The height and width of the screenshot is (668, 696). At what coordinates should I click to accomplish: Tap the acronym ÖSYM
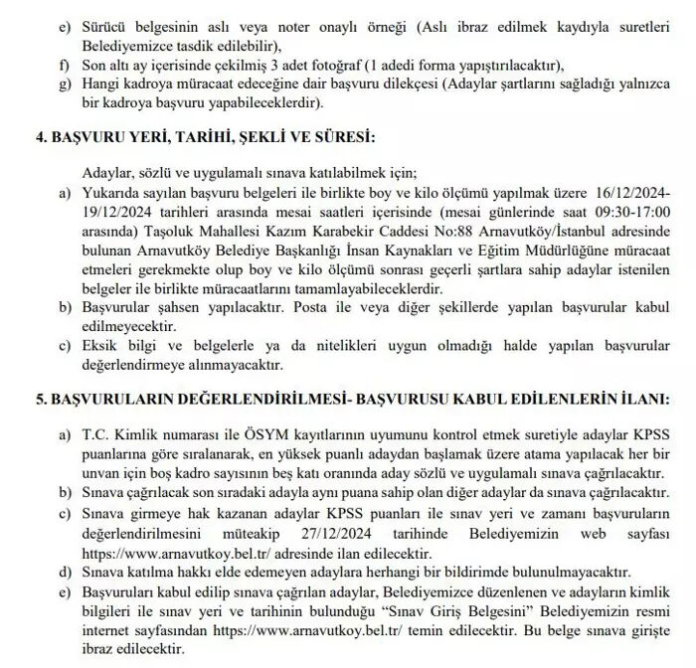click(223, 433)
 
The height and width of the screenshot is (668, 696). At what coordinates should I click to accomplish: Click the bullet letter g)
click(66, 83)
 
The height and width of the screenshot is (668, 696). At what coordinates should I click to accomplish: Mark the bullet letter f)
click(66, 67)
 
